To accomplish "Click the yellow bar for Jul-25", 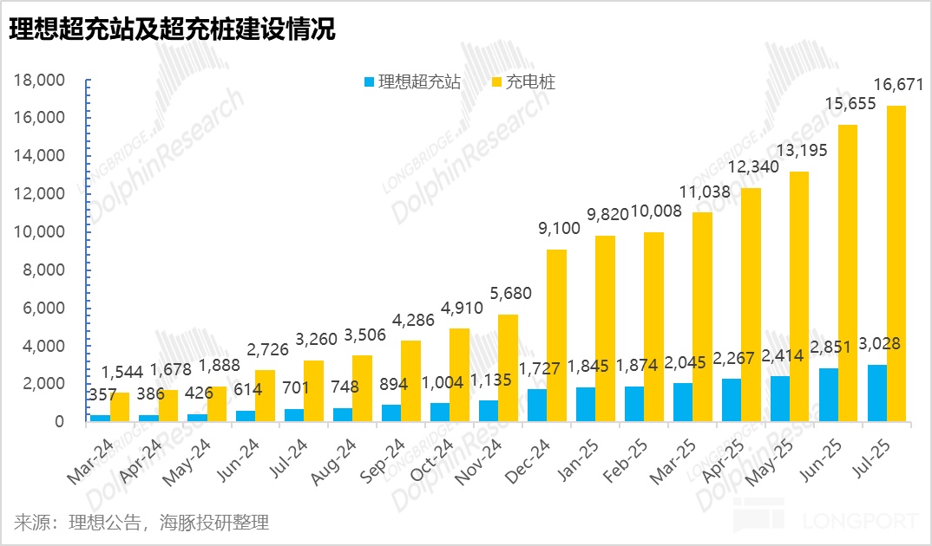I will click(896, 263).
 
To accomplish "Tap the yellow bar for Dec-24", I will click(556, 335).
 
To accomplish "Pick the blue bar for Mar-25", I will click(681, 402).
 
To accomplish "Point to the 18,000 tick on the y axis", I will click(40, 81).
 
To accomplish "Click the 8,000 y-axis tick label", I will click(44, 270).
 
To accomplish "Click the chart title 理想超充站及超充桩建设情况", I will click(172, 30).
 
